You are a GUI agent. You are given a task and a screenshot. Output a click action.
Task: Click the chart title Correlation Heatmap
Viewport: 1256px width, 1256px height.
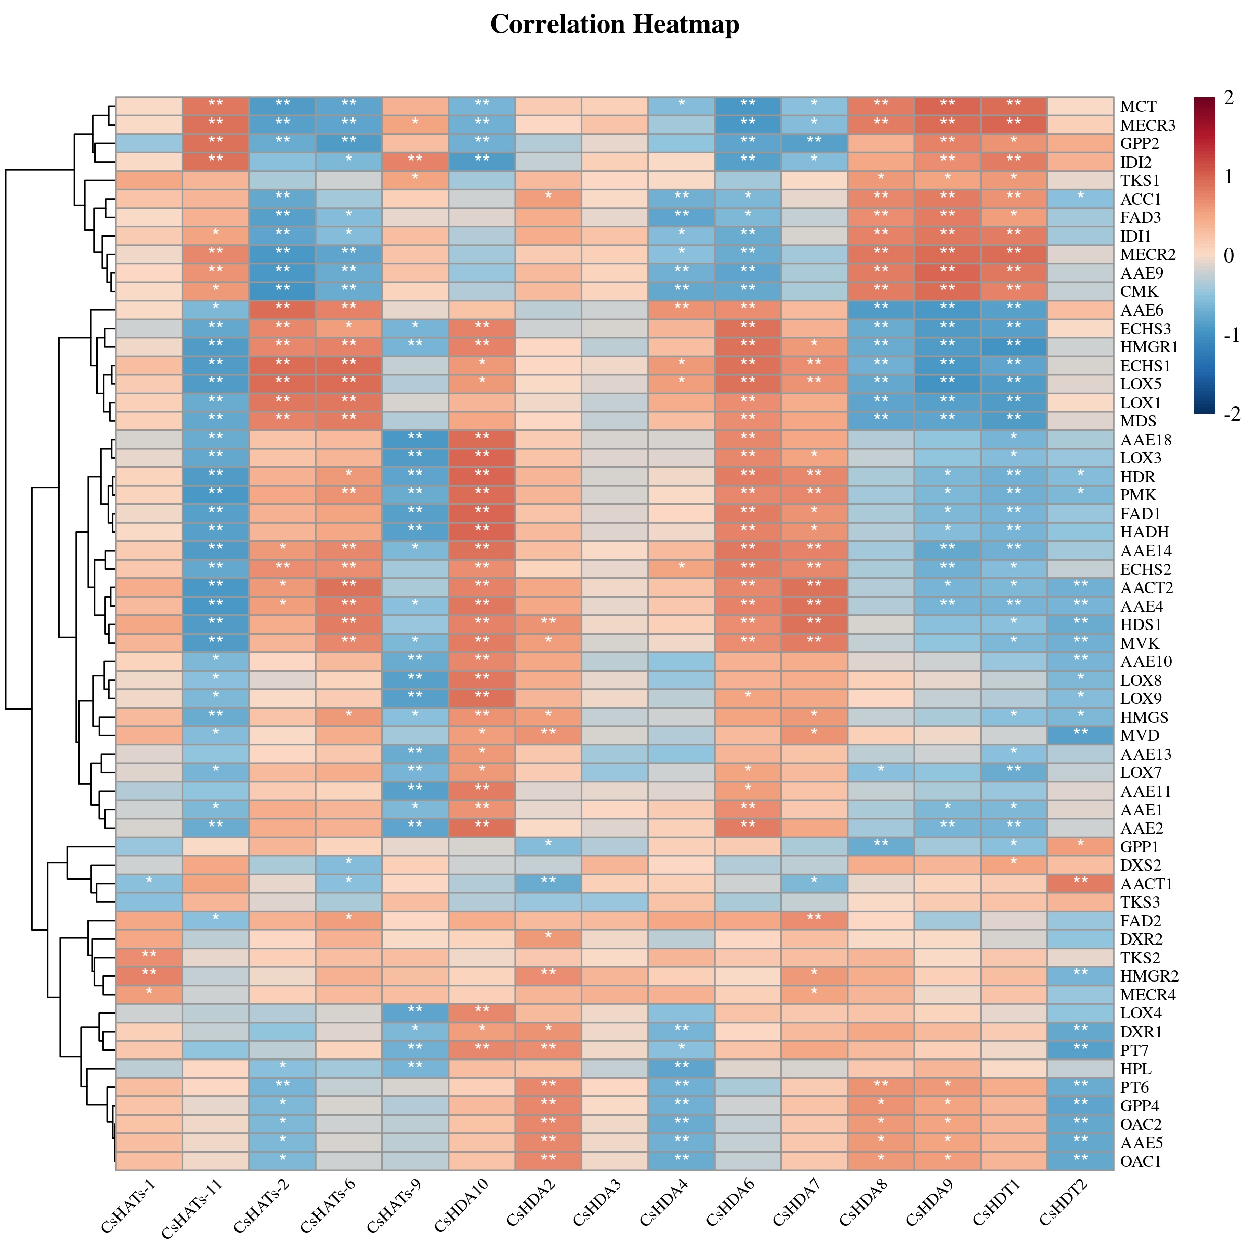click(x=614, y=25)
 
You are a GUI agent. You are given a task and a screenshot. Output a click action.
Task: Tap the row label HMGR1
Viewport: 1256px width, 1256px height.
click(x=1149, y=347)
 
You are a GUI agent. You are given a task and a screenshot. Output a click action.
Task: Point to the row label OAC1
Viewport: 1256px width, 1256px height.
click(x=1141, y=1161)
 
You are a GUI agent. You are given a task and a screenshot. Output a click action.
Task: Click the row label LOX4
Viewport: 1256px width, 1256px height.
click(x=1141, y=1013)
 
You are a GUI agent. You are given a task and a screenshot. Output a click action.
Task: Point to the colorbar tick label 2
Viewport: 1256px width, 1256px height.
click(x=1228, y=98)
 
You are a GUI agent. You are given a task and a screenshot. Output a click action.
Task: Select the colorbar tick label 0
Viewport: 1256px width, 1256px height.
click(x=1228, y=255)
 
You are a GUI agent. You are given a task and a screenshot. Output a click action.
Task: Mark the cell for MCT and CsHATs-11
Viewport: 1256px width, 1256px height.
click(x=215, y=106)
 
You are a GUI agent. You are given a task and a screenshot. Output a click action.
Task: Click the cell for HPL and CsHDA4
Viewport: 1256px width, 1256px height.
click(x=681, y=1068)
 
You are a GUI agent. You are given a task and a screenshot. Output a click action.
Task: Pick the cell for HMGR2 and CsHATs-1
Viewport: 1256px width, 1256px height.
click(x=149, y=976)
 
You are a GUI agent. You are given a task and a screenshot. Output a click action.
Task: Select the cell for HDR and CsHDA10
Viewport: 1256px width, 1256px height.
click(x=482, y=477)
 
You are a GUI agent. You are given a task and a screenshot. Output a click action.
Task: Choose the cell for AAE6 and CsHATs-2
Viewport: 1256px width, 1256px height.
click(x=282, y=310)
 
